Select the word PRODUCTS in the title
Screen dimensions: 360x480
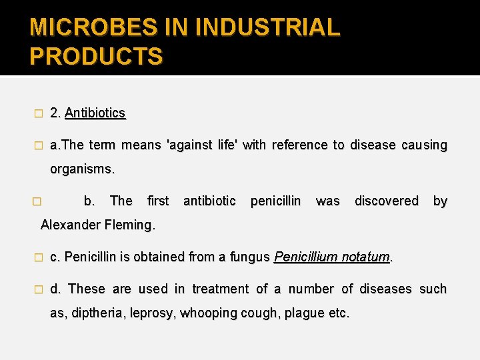(96, 56)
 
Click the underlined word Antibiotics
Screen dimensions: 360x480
(95, 113)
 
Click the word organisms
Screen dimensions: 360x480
(83, 169)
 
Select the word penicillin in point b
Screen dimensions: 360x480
(275, 201)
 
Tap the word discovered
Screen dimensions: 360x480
(387, 201)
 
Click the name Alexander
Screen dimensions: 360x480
(69, 225)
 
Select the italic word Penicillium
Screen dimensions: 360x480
(306, 257)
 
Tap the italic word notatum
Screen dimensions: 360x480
(365, 257)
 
